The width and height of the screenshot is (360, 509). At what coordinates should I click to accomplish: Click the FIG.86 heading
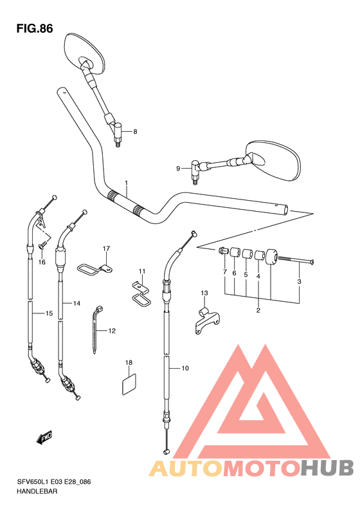point(35,28)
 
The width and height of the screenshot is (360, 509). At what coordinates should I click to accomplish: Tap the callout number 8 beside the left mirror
point(135,131)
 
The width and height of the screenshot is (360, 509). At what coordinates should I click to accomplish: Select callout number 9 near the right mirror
point(178,168)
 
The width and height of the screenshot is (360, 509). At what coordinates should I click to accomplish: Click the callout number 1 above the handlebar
point(126,183)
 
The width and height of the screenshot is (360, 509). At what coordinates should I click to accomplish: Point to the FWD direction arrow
point(44,438)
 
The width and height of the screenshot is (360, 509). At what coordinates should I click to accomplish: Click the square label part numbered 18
point(129,385)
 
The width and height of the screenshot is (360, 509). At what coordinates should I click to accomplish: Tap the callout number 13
point(204,293)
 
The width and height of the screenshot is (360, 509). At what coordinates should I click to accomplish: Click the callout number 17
point(106,248)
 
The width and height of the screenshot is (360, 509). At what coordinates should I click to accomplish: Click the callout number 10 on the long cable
point(184,368)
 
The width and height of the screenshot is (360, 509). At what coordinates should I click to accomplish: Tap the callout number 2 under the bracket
point(258,310)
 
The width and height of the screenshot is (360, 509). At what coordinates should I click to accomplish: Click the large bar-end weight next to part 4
point(271,257)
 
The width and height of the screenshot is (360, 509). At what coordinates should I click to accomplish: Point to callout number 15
point(49,313)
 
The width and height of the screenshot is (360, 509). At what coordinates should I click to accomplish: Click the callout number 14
point(76,304)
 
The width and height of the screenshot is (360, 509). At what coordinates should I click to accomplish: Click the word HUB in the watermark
point(327,468)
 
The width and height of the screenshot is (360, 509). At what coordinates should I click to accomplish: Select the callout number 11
point(142,271)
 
